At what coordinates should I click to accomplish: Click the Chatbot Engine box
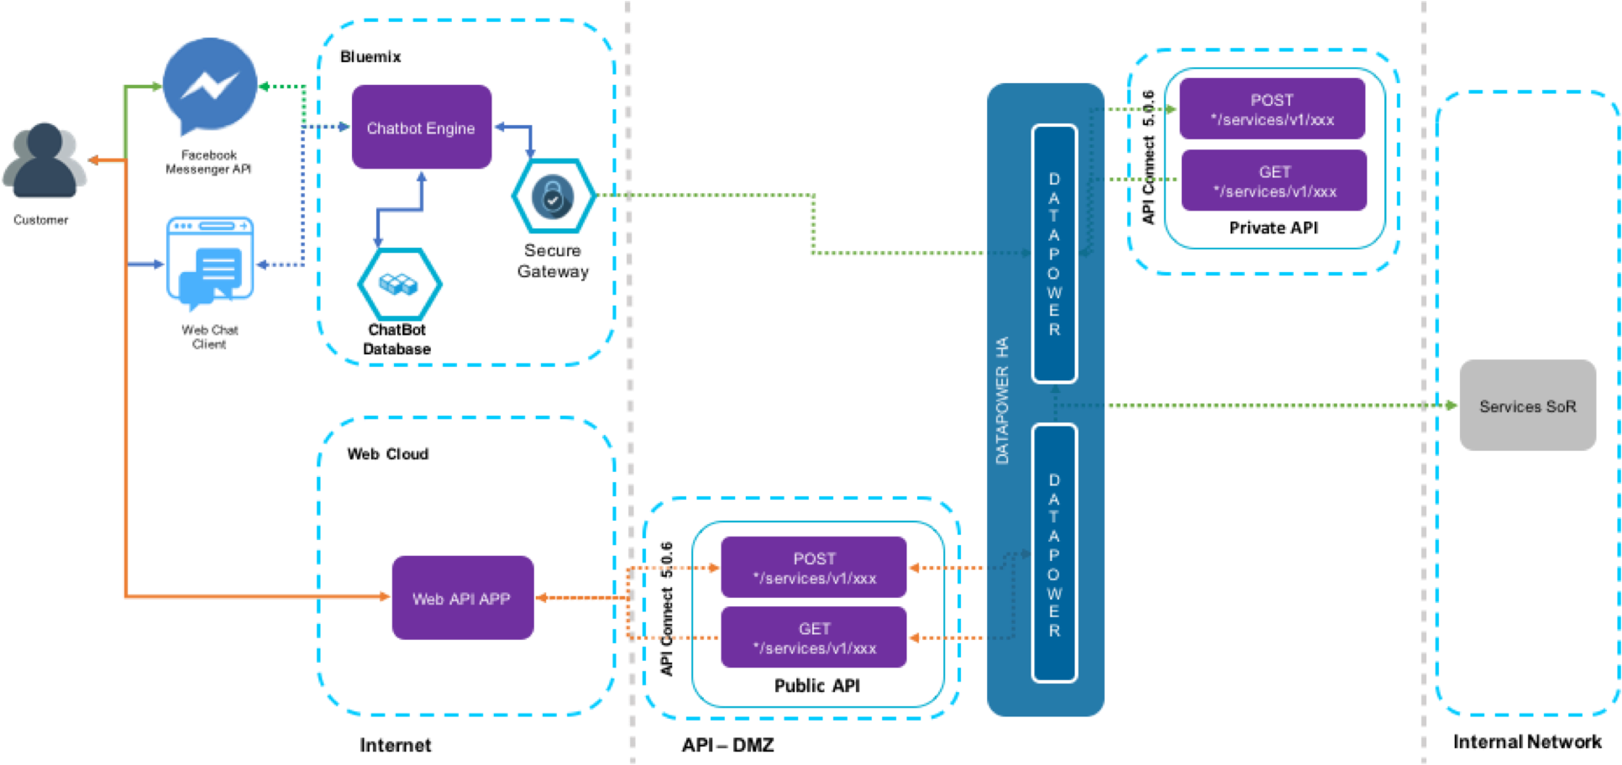[421, 128]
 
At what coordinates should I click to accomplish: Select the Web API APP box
[462, 598]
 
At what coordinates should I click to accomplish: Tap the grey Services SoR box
[1527, 406]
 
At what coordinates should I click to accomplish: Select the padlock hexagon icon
[553, 196]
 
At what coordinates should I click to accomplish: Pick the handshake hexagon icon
[399, 284]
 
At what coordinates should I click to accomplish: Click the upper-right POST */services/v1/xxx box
[1272, 109]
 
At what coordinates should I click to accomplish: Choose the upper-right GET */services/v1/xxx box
[1273, 181]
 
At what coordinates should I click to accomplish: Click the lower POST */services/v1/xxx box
[814, 569]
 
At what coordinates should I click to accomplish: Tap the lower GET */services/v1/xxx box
[814, 638]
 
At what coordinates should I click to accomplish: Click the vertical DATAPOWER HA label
[1002, 401]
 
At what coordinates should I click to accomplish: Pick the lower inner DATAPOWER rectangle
[1054, 554]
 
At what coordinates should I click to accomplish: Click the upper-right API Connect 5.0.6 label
[1148, 156]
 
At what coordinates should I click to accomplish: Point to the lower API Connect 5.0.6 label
[666, 608]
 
